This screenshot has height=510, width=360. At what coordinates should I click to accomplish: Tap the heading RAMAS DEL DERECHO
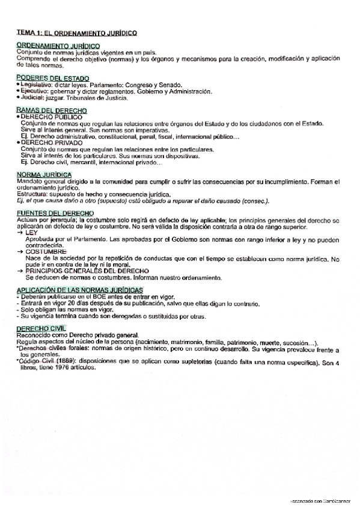(52, 111)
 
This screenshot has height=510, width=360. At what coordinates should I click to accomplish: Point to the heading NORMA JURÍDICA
(45, 174)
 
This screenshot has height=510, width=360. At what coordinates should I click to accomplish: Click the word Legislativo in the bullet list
(36, 85)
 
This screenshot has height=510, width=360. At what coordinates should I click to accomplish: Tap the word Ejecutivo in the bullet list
(34, 91)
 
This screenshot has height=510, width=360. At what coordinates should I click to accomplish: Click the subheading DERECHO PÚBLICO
(51, 117)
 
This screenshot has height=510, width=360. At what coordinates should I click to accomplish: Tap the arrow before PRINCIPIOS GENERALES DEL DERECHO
(21, 271)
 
